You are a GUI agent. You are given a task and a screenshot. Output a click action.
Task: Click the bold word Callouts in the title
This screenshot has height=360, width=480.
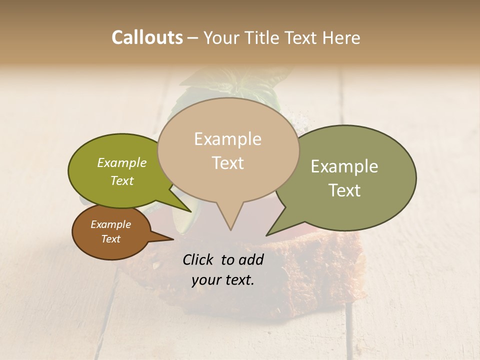pyautogui.click(x=147, y=37)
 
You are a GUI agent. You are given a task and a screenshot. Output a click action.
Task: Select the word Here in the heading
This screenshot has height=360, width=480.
pyautogui.click(x=341, y=37)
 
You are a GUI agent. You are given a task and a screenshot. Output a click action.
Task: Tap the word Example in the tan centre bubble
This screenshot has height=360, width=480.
pyautogui.click(x=227, y=139)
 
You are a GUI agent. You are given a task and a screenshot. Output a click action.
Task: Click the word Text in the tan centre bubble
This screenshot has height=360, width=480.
pyautogui.click(x=227, y=162)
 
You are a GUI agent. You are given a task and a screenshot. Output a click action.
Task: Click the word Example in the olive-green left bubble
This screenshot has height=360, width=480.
pyautogui.click(x=122, y=162)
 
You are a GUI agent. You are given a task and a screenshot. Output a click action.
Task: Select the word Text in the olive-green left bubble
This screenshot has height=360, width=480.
pyautogui.click(x=122, y=180)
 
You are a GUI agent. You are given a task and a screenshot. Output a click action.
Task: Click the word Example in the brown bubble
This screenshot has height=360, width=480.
pyautogui.click(x=110, y=224)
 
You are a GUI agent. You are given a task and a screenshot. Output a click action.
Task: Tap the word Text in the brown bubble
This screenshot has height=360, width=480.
pyautogui.click(x=110, y=239)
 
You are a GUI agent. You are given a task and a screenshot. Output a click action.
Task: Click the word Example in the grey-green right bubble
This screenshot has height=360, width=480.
pyautogui.click(x=344, y=166)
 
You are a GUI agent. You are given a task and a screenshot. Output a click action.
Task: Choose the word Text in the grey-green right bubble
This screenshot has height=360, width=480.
pyautogui.click(x=344, y=190)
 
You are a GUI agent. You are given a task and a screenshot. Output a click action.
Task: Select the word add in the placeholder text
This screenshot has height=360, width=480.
pyautogui.click(x=251, y=259)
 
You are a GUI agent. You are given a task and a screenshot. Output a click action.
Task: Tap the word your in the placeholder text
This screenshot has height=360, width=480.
pyautogui.click(x=206, y=280)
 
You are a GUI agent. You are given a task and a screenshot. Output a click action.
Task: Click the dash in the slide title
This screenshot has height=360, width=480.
pyautogui.click(x=193, y=37)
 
